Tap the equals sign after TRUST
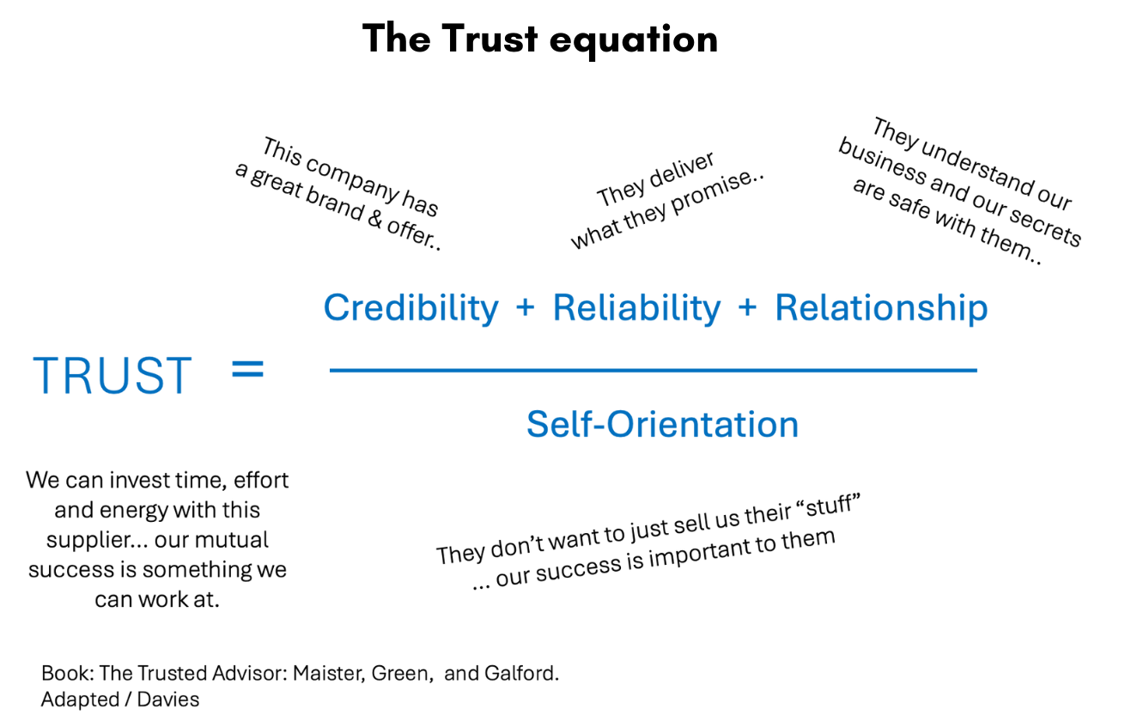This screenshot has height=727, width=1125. click(x=248, y=371)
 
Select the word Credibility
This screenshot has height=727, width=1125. click(x=410, y=308)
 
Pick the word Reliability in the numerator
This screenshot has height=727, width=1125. click(x=636, y=308)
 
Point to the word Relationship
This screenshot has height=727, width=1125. click(x=881, y=308)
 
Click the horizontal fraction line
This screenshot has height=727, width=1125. click(x=653, y=370)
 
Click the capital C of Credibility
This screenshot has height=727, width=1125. click(x=337, y=308)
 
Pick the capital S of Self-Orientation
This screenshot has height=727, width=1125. click(x=538, y=425)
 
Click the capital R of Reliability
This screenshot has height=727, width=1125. click(x=563, y=308)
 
